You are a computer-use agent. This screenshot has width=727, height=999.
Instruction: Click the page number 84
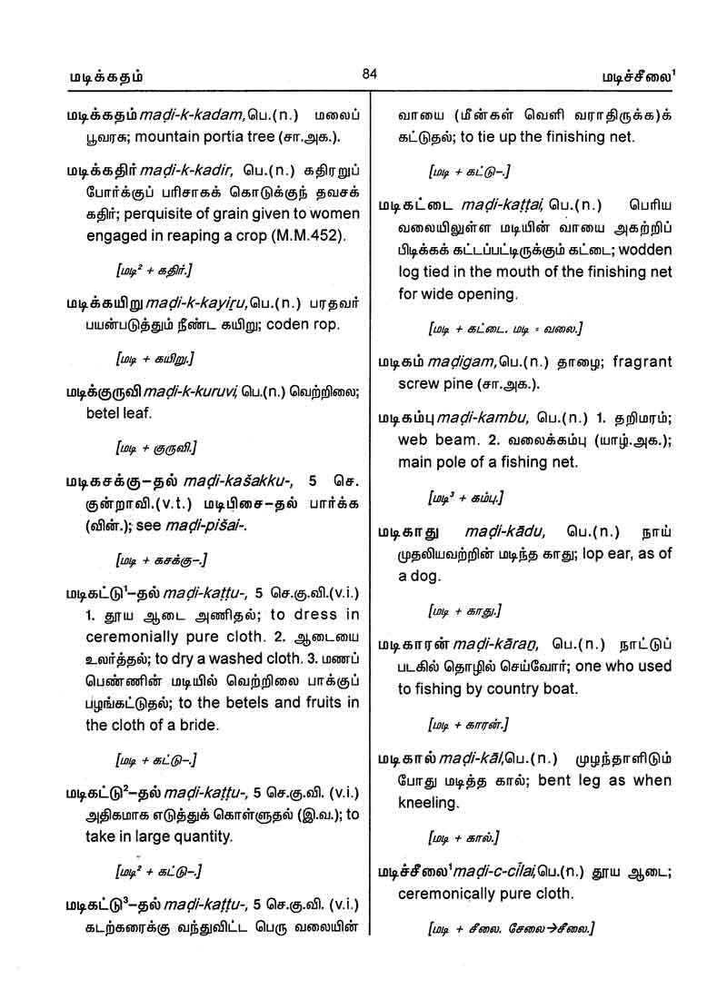(368, 74)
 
